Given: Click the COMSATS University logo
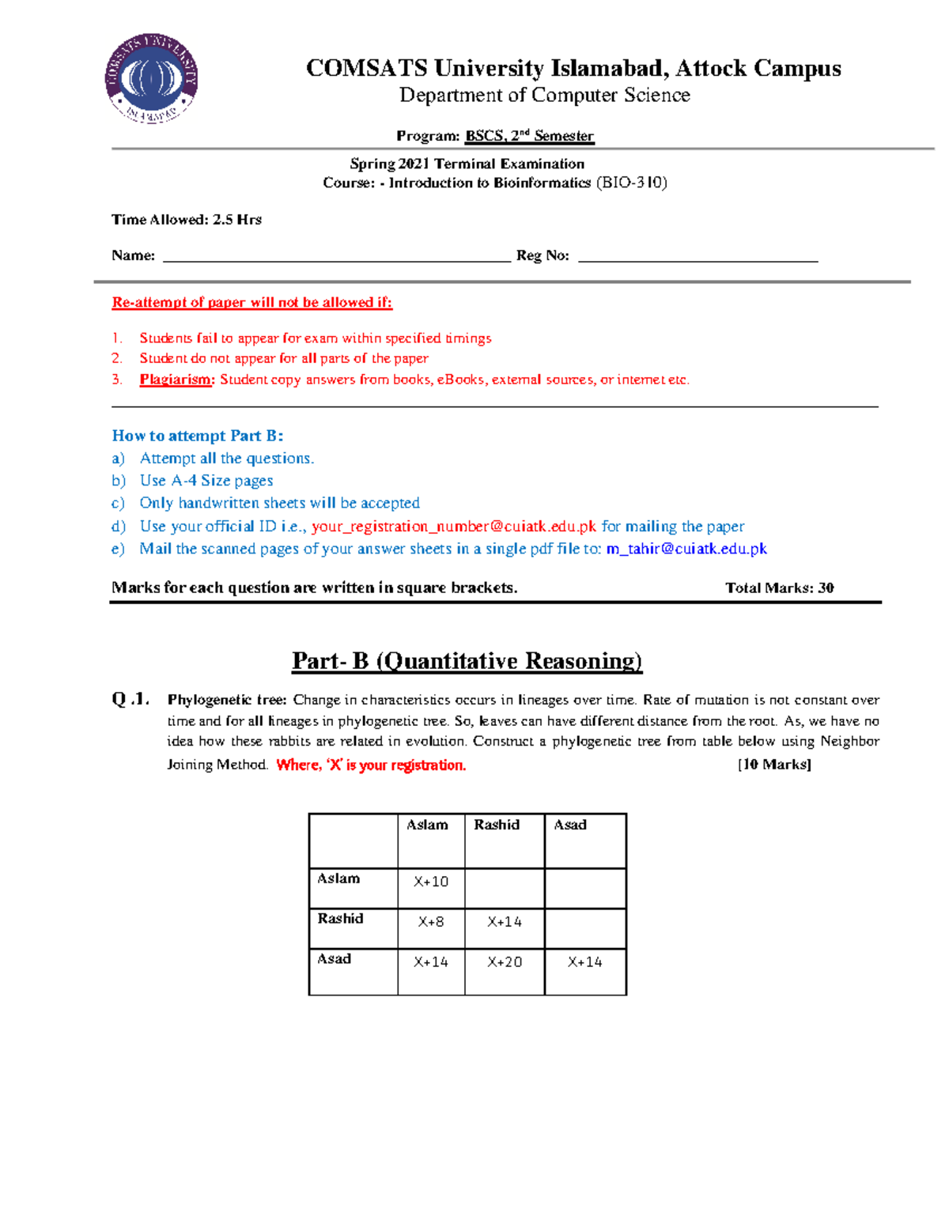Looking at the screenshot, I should pos(151,78).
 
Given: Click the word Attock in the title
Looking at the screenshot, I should pos(710,68).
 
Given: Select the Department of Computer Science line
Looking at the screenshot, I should pos(544,96).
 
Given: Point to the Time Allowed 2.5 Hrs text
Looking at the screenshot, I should pos(187,220).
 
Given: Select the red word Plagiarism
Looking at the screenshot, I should pos(176,380).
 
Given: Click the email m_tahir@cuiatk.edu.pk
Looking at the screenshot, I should pos(686,549).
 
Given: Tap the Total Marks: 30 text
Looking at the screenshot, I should pos(779,588).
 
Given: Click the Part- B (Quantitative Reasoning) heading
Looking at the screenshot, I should pos(467,661).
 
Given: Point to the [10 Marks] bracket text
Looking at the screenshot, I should pos(774,765).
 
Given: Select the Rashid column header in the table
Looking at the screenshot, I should pos(497,825).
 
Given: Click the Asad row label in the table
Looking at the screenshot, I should pos(335,959).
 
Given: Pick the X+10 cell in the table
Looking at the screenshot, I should pos(431,882).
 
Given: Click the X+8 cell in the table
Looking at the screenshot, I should pos(431,922).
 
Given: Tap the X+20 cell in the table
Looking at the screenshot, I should pos(505,962).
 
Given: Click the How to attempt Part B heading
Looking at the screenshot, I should pos(198,436).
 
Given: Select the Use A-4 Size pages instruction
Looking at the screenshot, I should pos(206,481).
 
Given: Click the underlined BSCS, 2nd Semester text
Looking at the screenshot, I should pos(529,136).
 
